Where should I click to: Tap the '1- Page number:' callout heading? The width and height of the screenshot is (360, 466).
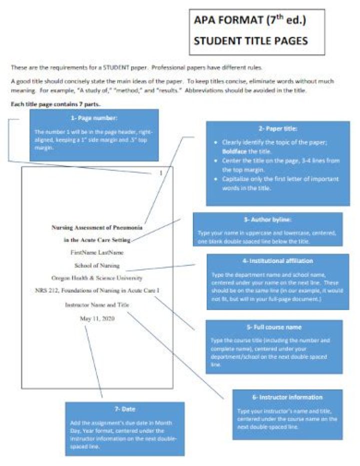[93, 118]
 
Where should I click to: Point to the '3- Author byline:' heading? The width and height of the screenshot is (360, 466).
[267, 218]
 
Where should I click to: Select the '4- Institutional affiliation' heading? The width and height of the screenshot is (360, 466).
[275, 260]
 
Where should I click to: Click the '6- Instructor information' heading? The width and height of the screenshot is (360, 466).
[287, 397]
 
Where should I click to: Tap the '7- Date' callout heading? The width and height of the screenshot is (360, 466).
[124, 408]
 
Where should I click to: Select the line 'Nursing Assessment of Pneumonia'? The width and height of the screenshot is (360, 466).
[97, 227]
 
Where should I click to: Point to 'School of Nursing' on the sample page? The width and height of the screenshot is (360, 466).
[97, 265]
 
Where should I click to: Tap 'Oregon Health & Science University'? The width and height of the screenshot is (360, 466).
[97, 277]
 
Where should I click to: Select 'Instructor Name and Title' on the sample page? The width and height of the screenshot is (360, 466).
[97, 304]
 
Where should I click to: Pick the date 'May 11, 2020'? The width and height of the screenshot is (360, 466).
[97, 317]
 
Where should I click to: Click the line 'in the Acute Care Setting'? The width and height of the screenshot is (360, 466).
[97, 240]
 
